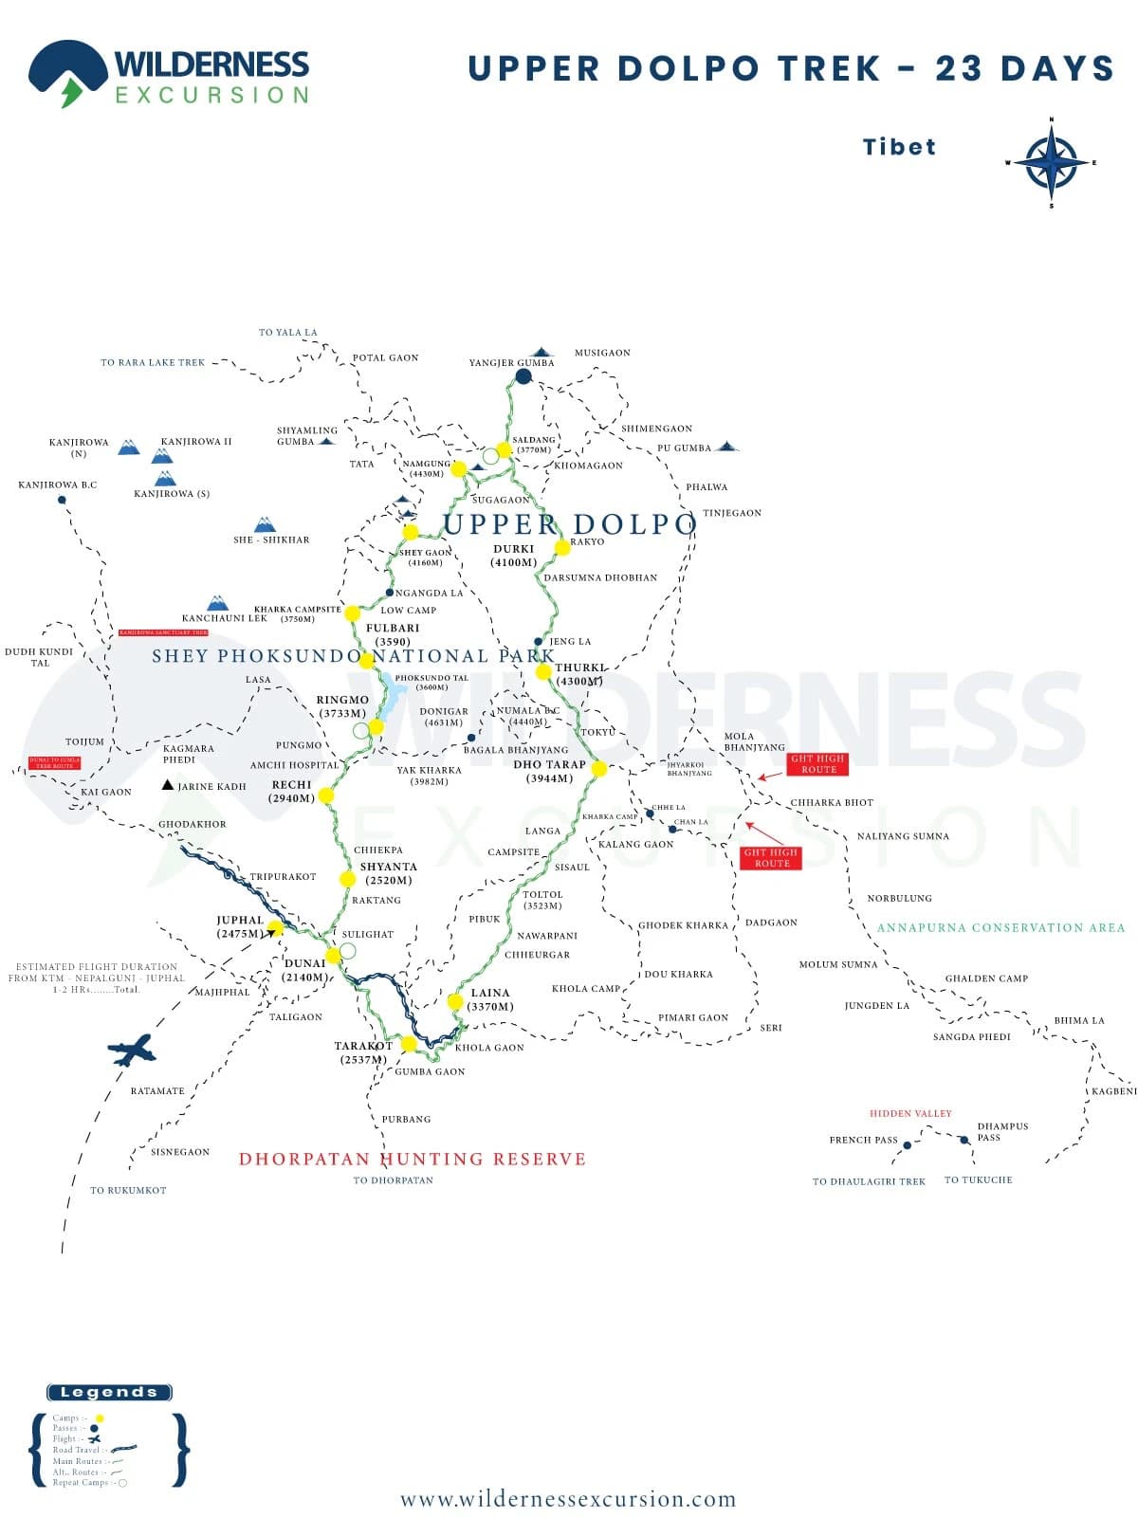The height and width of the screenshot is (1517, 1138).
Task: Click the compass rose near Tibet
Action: tap(1051, 163)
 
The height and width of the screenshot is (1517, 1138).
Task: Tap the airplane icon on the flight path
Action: tap(131, 1050)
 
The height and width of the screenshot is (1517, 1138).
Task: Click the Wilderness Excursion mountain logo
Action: tap(66, 71)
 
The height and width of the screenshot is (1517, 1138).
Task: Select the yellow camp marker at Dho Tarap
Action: tap(598, 768)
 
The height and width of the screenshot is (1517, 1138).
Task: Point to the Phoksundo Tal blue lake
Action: tap(390, 697)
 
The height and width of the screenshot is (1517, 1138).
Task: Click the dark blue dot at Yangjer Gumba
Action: tap(523, 376)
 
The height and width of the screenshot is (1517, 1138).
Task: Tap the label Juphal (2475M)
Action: tap(240, 926)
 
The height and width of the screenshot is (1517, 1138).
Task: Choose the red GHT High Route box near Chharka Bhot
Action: tap(817, 763)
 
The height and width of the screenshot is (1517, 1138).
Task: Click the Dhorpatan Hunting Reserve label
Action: tap(413, 1159)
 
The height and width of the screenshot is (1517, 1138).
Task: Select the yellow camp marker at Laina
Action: tap(455, 1001)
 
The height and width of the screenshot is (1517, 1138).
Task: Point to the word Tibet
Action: tap(899, 147)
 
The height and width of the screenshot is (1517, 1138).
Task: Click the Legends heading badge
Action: tap(109, 1392)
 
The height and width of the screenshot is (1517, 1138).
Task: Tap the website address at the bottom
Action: tap(568, 1499)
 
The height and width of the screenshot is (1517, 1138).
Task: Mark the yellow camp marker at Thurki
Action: tap(543, 671)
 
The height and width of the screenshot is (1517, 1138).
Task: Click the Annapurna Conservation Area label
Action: tap(1000, 927)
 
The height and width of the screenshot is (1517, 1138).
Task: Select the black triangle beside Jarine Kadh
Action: tap(168, 784)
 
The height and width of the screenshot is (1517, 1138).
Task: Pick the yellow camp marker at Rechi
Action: tap(326, 795)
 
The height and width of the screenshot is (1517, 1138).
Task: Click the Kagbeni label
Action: tap(1113, 1091)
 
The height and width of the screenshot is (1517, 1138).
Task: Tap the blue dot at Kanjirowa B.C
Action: tap(63, 500)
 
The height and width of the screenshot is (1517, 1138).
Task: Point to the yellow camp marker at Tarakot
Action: tap(409, 1044)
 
